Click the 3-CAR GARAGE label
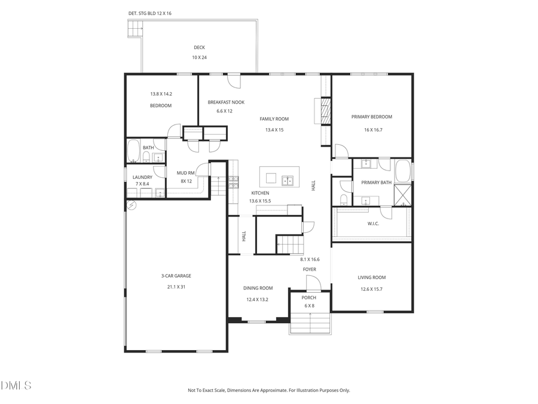tap(176, 276)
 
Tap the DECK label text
tap(199, 48)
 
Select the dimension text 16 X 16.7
tap(372, 130)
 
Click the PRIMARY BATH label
tap(377, 183)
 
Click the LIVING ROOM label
tap(371, 277)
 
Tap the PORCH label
tap(308, 297)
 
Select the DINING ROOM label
tap(258, 288)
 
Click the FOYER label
tap(309, 269)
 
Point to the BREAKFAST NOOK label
tap(226, 102)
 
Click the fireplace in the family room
tap(325, 111)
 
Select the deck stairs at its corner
tap(136, 27)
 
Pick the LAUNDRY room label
tap(142, 177)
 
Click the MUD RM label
tap(186, 173)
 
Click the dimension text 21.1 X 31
tap(176, 287)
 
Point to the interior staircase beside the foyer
tap(289, 244)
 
